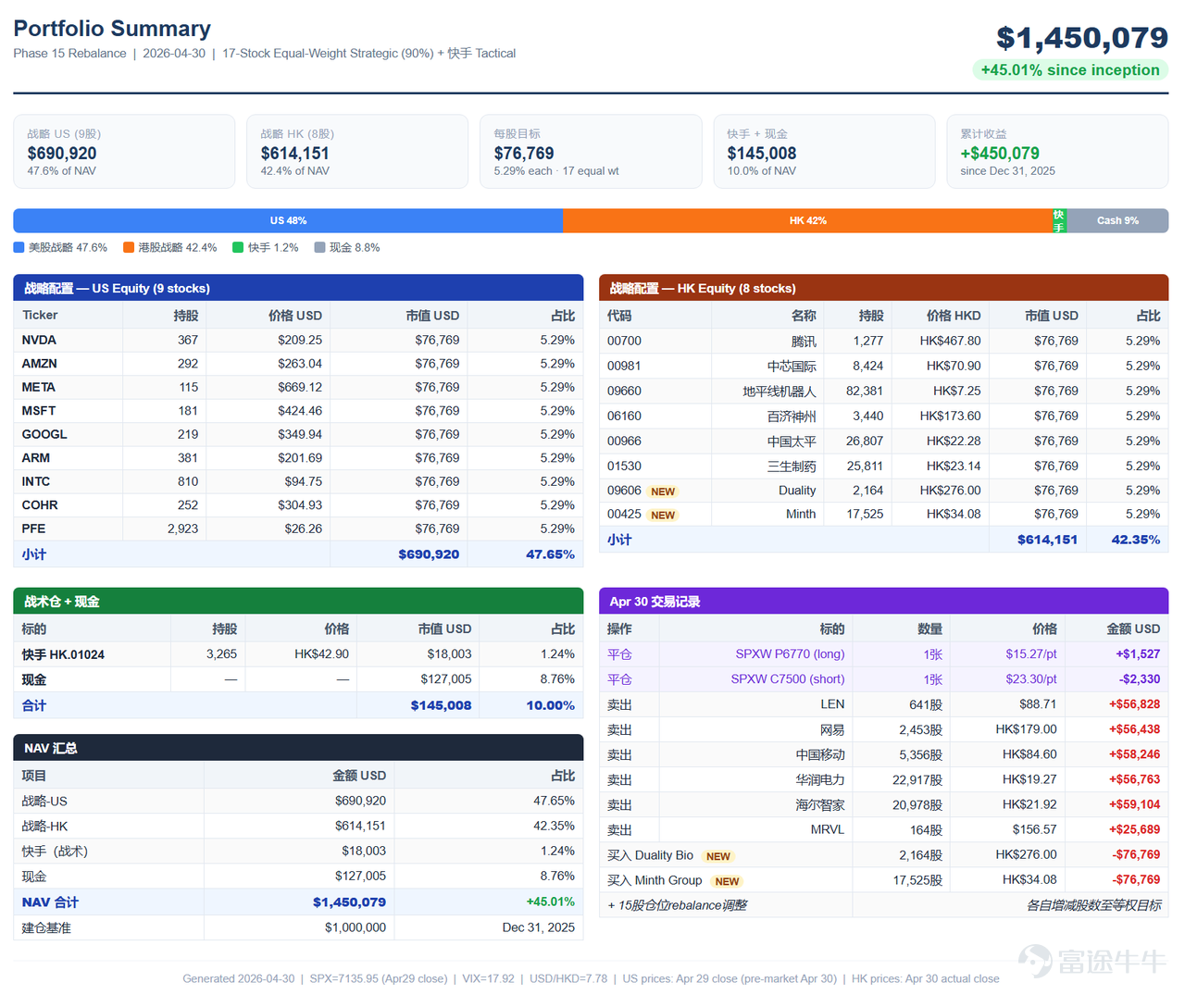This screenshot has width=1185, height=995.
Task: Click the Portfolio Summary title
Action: tap(112, 29)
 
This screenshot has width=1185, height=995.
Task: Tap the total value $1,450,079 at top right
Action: tap(1081, 38)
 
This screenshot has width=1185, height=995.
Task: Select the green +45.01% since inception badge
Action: tap(1070, 69)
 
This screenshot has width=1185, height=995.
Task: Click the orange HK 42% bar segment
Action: tap(807, 220)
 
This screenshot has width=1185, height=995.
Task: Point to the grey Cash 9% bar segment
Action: tap(1116, 220)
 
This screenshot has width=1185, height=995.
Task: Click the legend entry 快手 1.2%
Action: tap(266, 247)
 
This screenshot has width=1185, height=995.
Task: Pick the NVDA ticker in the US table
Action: tap(39, 340)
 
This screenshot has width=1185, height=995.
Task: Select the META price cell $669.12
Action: tap(300, 387)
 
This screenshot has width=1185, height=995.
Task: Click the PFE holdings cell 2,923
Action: tap(182, 529)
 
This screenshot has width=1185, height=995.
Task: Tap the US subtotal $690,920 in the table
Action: tap(429, 554)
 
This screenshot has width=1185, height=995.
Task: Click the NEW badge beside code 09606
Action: tap(662, 491)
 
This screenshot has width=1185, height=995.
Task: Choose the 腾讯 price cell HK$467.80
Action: tap(950, 341)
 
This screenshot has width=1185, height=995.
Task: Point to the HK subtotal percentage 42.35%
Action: tap(1135, 540)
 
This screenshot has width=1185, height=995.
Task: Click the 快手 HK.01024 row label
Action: tap(63, 654)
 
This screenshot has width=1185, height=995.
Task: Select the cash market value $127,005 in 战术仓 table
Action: tap(445, 678)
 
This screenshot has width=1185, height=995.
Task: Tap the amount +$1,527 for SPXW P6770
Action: tap(1138, 653)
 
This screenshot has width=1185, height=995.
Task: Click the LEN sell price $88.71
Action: tap(1038, 703)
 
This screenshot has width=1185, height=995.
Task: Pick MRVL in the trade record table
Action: tap(828, 829)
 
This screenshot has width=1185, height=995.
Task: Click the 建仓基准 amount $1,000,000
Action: tap(355, 927)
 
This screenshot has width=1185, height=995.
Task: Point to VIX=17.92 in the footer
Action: tap(488, 978)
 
